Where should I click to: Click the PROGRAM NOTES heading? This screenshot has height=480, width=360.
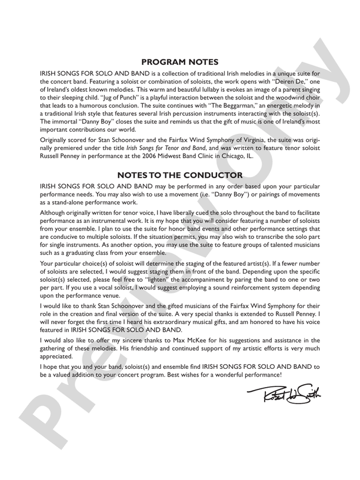point(180,62)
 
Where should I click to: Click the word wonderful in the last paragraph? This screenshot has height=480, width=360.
point(229,374)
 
